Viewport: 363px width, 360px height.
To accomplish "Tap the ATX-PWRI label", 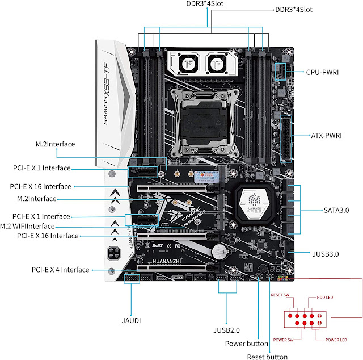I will pyautogui.click(x=325, y=136).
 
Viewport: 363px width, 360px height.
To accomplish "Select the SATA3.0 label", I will pyautogui.click(x=335, y=211).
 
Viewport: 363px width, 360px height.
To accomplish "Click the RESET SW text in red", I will pyautogui.click(x=282, y=296).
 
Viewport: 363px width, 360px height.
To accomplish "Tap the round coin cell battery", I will pyautogui.click(x=220, y=250).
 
